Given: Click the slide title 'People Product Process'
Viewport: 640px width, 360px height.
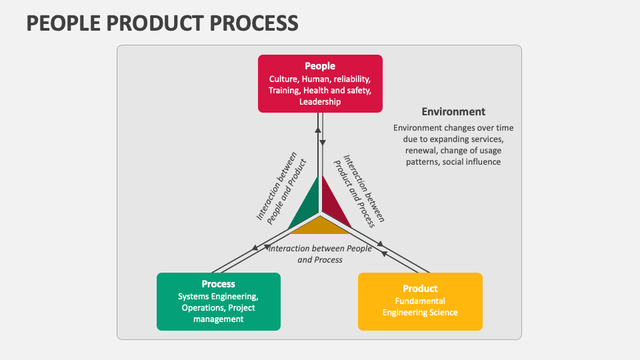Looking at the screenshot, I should (x=162, y=23).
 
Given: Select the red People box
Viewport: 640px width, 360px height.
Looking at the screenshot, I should (x=320, y=83).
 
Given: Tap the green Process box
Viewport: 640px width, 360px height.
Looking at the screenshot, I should (x=218, y=301).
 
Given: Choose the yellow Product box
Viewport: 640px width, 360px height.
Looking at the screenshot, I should (x=419, y=301).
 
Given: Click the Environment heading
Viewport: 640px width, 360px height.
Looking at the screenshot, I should (x=453, y=112).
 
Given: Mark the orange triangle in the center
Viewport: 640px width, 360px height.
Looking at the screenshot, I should (x=320, y=226).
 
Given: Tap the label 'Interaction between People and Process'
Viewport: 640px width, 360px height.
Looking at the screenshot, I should (x=320, y=254).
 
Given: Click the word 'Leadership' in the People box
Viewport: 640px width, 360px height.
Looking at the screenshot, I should (x=320, y=102).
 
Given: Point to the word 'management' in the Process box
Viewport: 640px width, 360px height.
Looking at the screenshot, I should (x=219, y=319).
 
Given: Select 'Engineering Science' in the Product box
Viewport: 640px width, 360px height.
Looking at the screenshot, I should (x=419, y=313).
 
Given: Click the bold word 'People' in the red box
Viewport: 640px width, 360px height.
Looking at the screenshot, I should (x=320, y=66).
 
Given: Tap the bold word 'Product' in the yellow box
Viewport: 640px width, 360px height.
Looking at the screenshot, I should (x=420, y=289).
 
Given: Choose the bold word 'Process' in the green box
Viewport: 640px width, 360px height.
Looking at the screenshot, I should (x=219, y=284).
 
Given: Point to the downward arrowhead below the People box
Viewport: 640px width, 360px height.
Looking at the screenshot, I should (x=323, y=143).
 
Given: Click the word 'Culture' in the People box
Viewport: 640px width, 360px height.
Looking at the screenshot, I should (x=283, y=79).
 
